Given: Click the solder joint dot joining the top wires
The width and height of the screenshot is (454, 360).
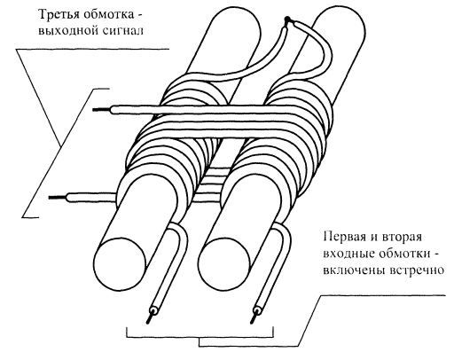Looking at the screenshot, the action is pos(287,20).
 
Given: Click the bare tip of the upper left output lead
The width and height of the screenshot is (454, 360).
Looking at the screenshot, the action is pos(101,110).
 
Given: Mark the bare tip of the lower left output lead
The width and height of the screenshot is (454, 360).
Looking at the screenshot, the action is pos(58,197).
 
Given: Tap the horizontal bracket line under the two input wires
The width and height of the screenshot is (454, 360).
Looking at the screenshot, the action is pos(200,337).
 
